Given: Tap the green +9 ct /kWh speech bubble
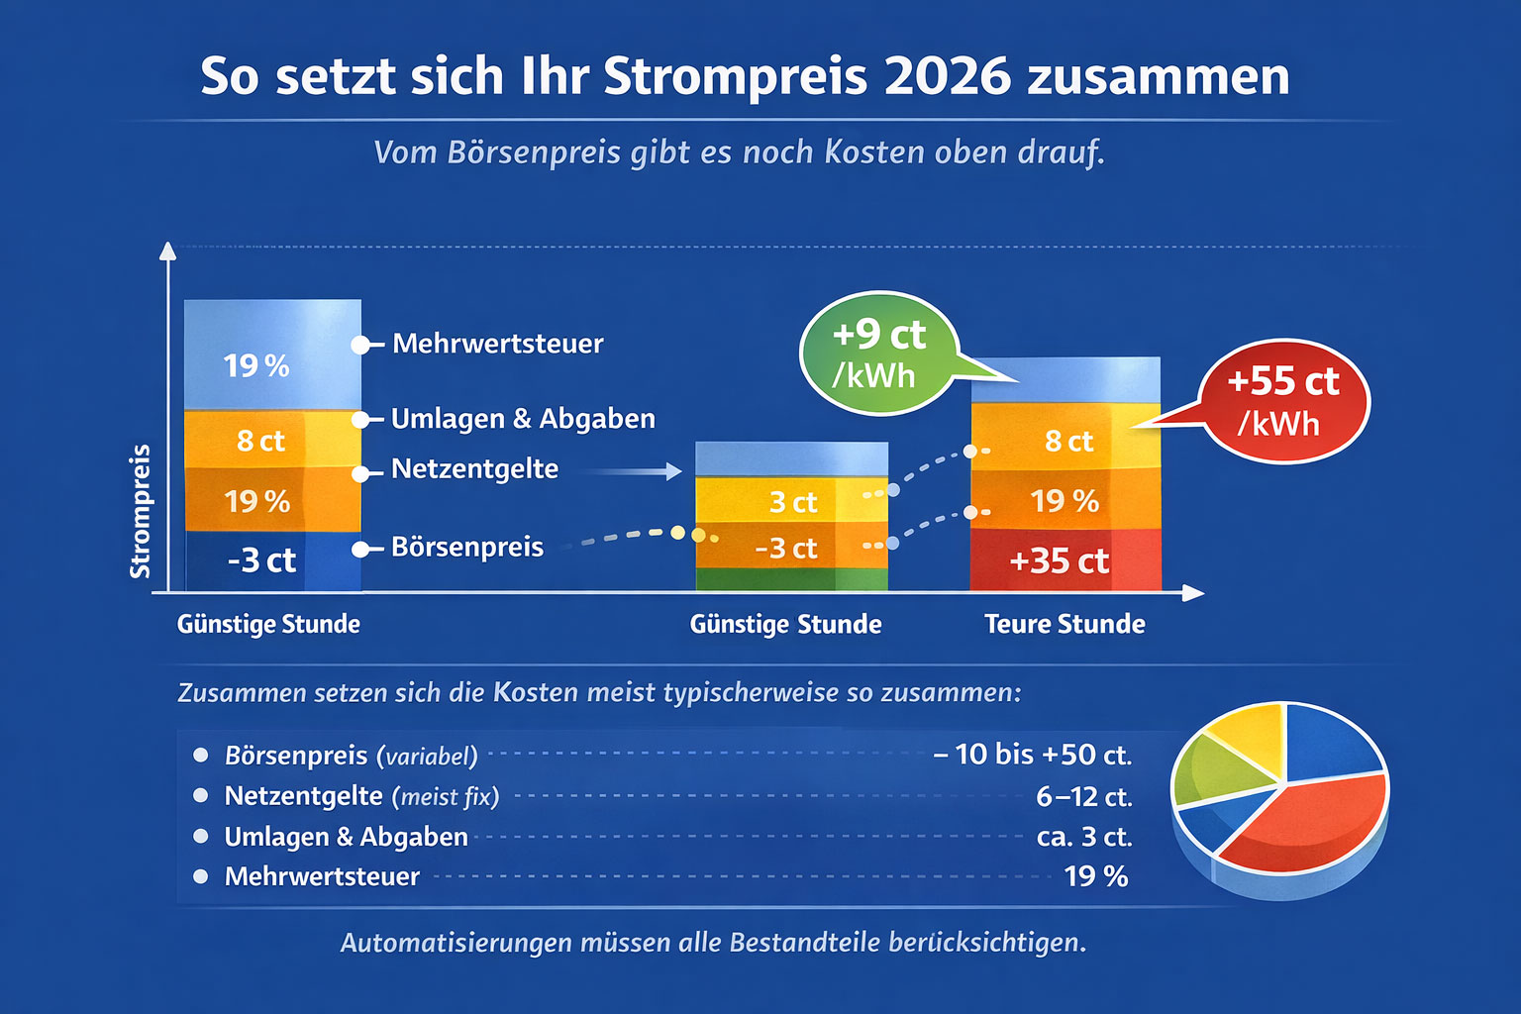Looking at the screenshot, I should (x=878, y=353).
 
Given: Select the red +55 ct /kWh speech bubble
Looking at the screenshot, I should (x=1283, y=401).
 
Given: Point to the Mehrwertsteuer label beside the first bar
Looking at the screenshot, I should (x=497, y=344).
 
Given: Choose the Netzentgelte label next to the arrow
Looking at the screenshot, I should (x=474, y=468).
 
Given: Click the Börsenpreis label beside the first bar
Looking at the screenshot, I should (x=466, y=547).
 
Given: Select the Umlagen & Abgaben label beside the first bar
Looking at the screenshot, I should (x=523, y=419).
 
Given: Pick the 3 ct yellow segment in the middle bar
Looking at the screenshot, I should (x=792, y=501).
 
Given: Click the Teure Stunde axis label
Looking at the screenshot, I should (x=1065, y=624).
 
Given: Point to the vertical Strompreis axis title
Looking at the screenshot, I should (x=140, y=511).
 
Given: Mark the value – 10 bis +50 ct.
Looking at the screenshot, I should (x=1032, y=755).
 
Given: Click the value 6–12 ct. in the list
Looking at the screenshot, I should (x=1083, y=796).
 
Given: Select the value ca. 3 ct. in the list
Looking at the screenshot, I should (x=1083, y=837).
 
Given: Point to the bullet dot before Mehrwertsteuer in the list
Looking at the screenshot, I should (x=201, y=876).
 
